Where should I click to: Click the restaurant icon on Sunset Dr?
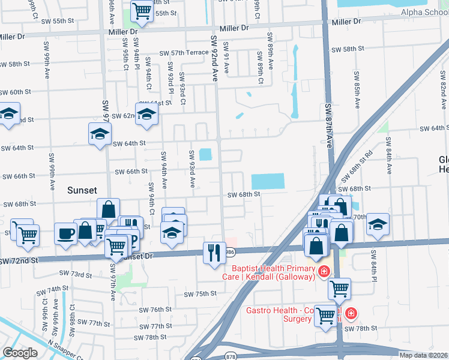coord(214,252)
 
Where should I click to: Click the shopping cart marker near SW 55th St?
coord(142,10)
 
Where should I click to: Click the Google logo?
coord(20,353)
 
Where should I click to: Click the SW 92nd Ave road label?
coord(214,58)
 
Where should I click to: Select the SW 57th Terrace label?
coord(184,53)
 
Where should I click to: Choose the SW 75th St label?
coord(200,294)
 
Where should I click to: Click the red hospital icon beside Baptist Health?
coord(324,272)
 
